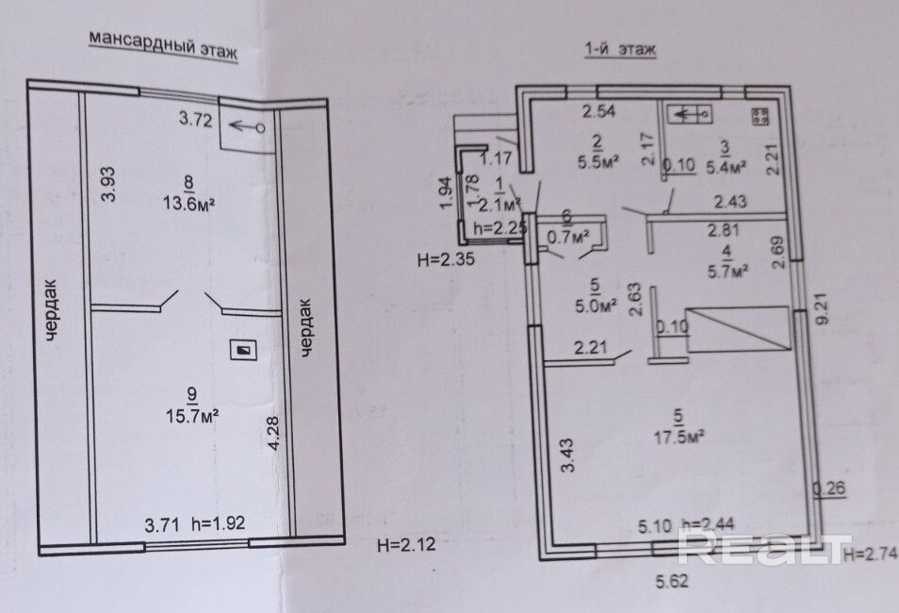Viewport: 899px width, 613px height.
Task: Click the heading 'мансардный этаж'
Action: [x=161, y=44]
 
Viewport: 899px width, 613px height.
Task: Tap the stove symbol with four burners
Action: [x=760, y=116]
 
